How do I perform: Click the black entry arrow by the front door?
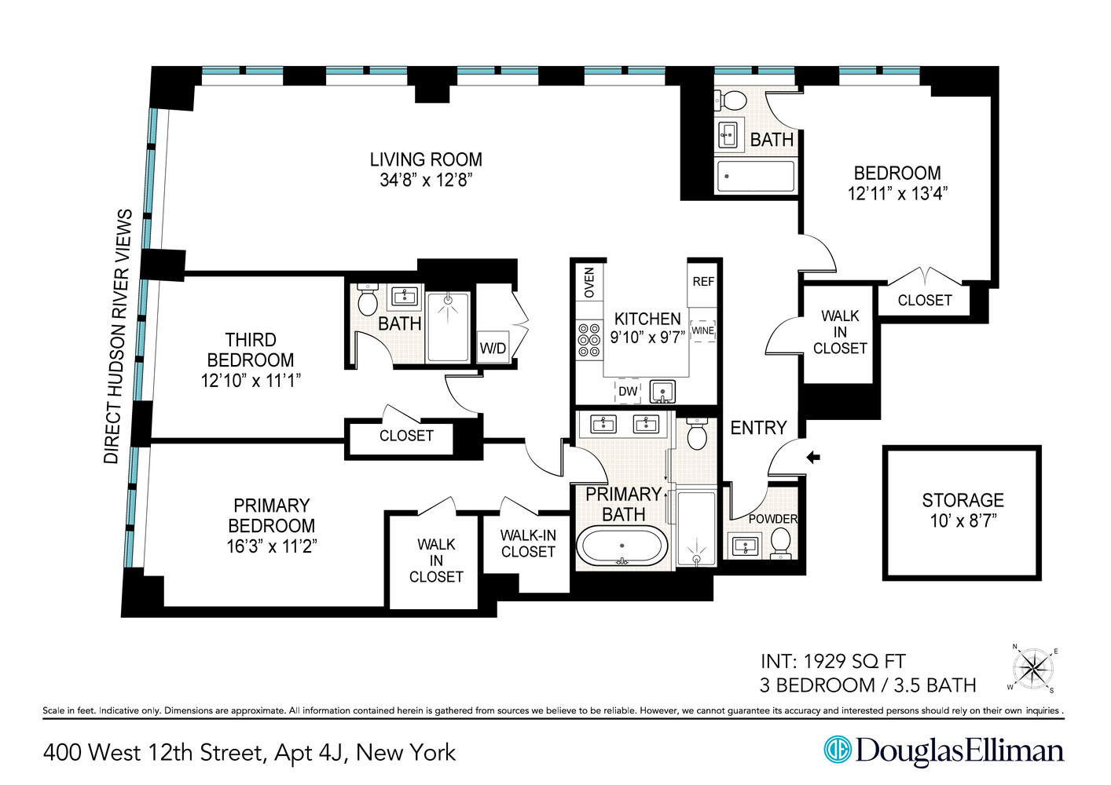(813, 457)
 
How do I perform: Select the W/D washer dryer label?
(493, 349)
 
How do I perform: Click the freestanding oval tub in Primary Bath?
(622, 545)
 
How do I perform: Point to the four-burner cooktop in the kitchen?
(588, 340)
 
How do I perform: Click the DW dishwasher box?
(628, 391)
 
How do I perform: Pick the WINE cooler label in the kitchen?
(702, 330)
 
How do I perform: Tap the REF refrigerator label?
(703, 282)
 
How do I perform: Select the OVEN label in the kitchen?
(589, 283)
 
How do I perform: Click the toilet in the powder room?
(780, 541)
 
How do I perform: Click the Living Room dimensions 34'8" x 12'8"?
(426, 181)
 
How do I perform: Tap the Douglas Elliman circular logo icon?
(838, 750)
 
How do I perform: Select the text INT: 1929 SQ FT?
(832, 662)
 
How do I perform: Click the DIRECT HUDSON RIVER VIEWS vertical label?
(118, 336)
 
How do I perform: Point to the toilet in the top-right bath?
(734, 100)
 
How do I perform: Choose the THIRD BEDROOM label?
(251, 350)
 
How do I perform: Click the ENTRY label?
(758, 428)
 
